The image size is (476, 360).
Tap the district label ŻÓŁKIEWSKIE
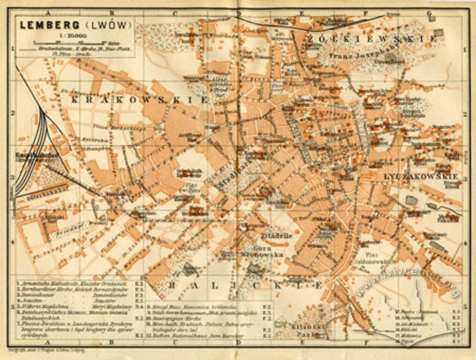click(371, 39)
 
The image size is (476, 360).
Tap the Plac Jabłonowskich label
click(375, 260)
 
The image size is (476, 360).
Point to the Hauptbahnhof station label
click(27, 155)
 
